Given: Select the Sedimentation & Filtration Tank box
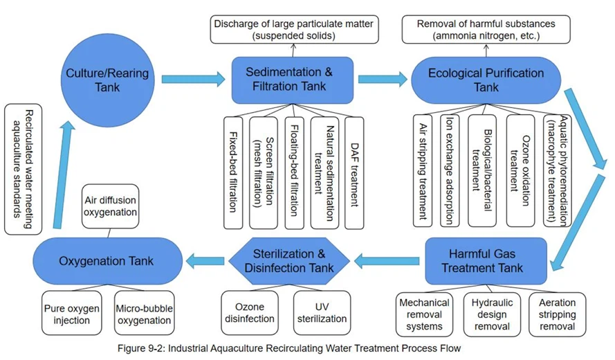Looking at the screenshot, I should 289,78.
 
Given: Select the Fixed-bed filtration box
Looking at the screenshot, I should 234,170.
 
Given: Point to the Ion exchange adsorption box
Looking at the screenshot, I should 449,170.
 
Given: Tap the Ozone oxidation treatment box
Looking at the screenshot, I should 520,170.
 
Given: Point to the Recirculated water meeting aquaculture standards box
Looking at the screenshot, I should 28,168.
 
